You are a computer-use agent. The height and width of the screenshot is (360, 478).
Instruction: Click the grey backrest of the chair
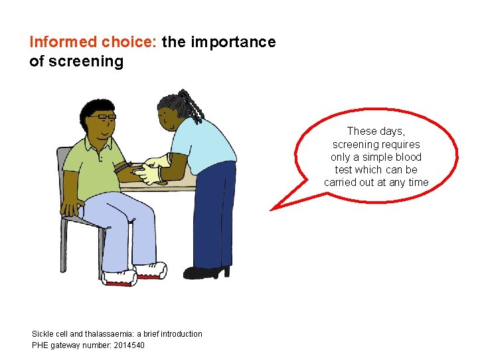click(64, 173)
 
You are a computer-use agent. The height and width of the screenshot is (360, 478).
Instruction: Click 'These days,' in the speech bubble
click(375, 132)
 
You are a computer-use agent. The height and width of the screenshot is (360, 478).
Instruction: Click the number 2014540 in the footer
click(125, 345)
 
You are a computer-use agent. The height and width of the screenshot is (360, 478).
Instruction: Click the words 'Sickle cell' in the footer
click(48, 333)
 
